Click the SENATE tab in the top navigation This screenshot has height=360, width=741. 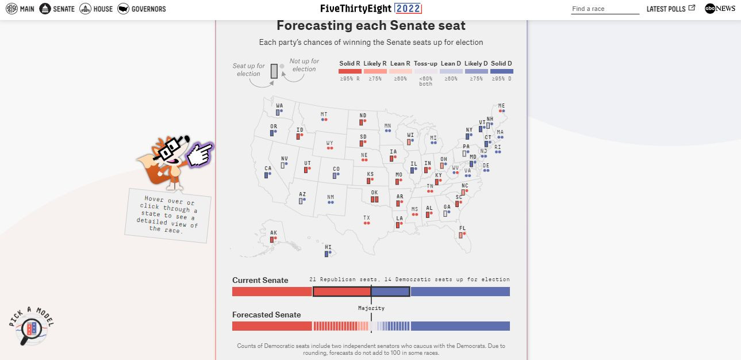[x=57, y=9]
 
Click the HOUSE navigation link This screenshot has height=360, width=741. [x=96, y=9]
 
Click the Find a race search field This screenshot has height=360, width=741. [x=605, y=9]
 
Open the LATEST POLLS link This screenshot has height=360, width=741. [x=670, y=9]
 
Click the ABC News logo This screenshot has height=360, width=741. [x=720, y=9]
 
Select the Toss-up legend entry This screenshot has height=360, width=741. [x=425, y=64]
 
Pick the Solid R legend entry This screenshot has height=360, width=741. [x=350, y=64]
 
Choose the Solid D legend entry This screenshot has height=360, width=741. [x=501, y=64]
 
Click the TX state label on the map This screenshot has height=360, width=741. [x=366, y=218]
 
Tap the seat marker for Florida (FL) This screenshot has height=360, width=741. [x=460, y=235]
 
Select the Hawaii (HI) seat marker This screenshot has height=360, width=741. [x=326, y=254]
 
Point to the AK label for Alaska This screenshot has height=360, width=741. [x=274, y=232]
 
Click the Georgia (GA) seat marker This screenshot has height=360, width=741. [x=445, y=213]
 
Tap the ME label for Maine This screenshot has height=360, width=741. [x=502, y=106]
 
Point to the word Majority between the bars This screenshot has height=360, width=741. [x=371, y=308]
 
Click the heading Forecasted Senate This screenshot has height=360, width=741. [x=266, y=315]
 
